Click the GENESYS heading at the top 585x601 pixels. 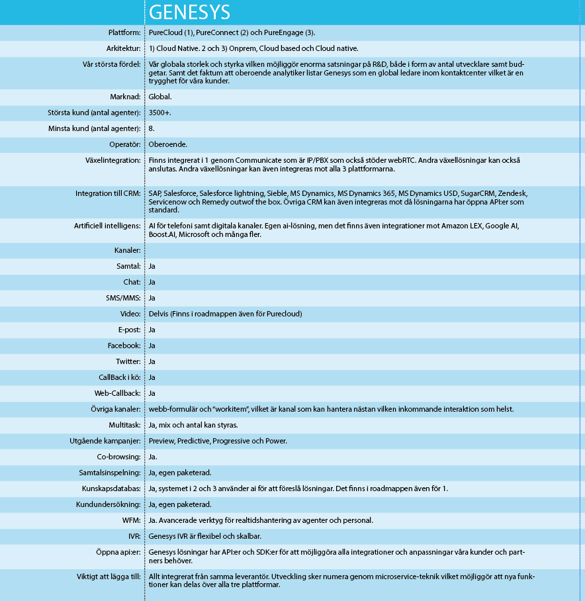point(189,12)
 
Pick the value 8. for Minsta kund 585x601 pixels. point(152,128)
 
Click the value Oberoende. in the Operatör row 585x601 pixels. point(168,144)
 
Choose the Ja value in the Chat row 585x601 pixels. point(152,283)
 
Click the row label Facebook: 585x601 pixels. point(124,346)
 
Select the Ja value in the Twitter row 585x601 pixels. point(152,361)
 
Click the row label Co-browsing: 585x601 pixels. point(119,457)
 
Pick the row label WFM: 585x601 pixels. point(131,520)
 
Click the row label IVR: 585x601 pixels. point(134,536)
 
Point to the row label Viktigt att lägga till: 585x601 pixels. point(109,577)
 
